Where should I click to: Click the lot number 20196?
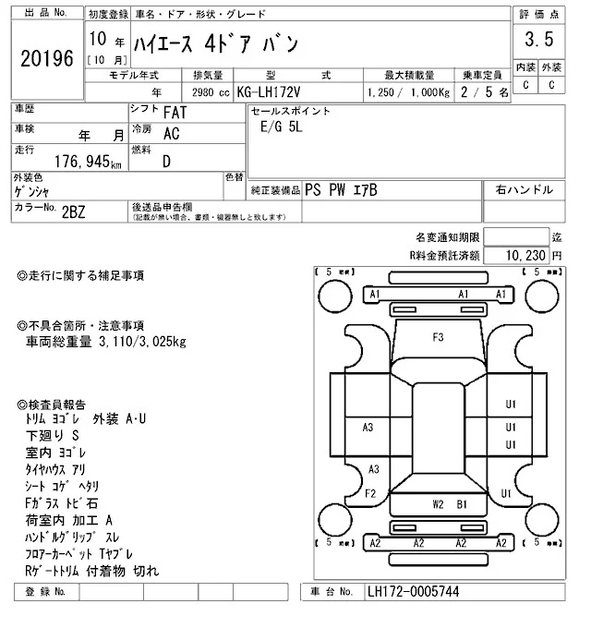46,58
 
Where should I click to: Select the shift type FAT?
172,112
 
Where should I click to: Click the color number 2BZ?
73,211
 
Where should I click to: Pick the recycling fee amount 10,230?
524,255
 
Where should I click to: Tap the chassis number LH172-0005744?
413,591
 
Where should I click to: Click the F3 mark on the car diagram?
438,336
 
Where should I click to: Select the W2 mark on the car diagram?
439,504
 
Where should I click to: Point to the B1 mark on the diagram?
463,504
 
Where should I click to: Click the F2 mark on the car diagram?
368,493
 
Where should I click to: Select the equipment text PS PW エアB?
341,189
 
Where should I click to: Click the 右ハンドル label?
525,189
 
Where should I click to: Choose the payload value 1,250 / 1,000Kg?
406,92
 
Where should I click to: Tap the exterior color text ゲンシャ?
31,191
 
